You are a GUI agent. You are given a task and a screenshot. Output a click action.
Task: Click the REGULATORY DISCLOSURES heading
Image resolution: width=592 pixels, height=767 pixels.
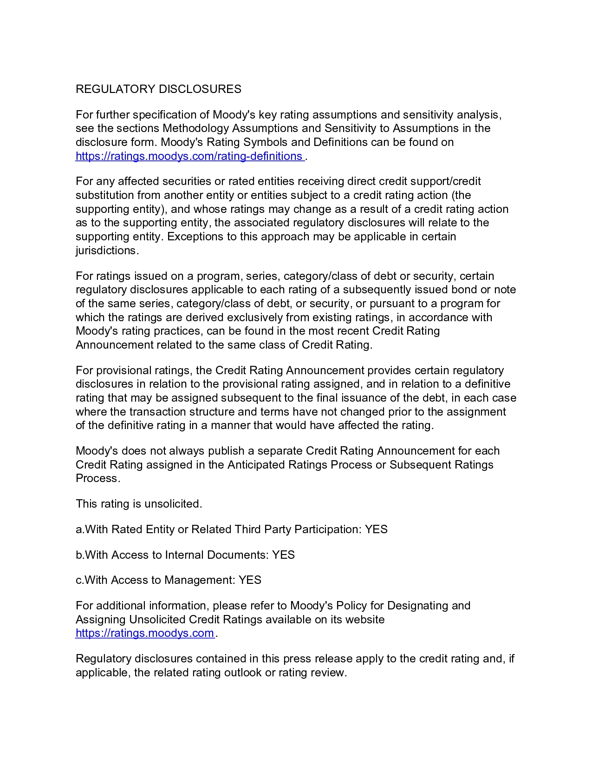tap(158, 89)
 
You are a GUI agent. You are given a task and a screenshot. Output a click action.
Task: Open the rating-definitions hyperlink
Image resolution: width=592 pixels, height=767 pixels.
tap(189, 156)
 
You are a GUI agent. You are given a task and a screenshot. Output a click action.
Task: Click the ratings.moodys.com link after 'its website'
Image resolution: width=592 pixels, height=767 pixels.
tap(145, 633)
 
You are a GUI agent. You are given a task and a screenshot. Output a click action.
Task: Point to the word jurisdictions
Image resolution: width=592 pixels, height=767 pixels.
tap(106, 251)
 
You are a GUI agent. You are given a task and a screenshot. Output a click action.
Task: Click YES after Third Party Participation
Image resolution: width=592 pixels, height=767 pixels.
tap(376, 529)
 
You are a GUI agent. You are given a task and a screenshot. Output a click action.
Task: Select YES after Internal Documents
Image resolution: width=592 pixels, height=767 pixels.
tap(283, 555)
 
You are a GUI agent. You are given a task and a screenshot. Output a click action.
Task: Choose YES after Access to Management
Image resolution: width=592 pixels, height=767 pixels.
tap(250, 580)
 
